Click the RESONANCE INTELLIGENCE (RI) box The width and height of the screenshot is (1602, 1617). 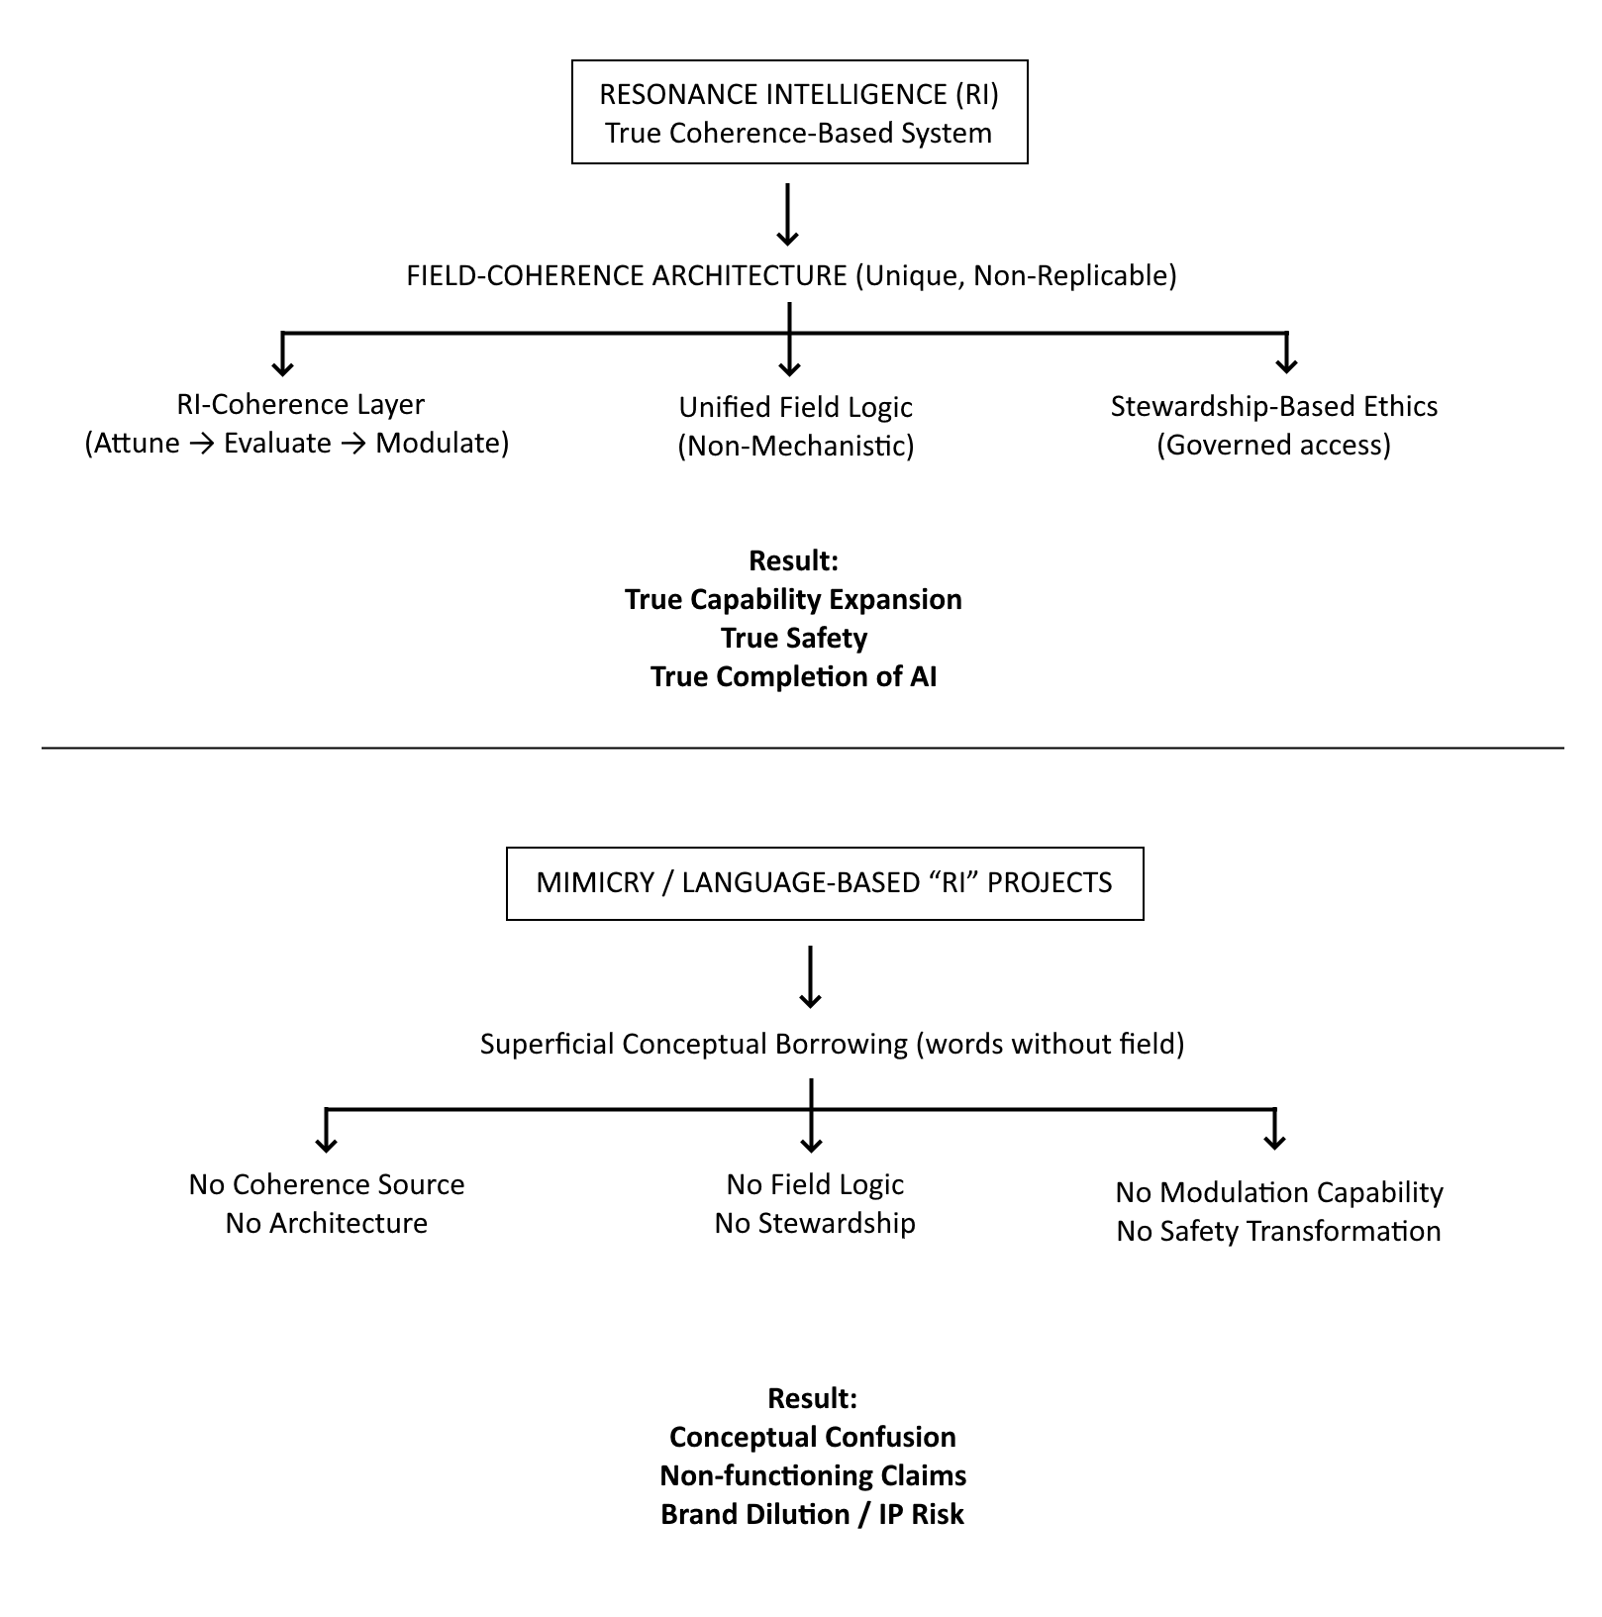[799, 112]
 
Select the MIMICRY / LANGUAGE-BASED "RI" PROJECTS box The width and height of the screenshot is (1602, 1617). [824, 883]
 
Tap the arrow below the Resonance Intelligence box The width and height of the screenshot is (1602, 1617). [787, 214]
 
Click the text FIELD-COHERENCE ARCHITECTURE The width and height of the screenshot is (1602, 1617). [627, 275]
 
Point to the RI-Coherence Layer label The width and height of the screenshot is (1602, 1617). [300, 404]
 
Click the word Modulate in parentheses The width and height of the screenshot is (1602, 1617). [437, 443]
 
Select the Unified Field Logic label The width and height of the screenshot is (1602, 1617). [795, 407]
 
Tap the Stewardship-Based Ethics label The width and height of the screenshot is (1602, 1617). [1273, 406]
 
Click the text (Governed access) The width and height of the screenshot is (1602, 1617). [1273, 445]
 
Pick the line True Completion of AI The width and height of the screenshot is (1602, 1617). [793, 676]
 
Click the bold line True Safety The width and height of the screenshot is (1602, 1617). [793, 638]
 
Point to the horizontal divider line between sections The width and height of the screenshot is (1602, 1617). [802, 748]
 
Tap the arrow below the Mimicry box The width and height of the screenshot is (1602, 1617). [811, 978]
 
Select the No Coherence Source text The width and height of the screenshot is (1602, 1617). [326, 1184]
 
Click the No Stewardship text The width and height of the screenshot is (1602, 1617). [814, 1223]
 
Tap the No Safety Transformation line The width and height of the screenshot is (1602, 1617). [1277, 1231]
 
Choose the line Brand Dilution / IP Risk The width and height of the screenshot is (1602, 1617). [812, 1514]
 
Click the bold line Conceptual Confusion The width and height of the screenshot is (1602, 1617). [812, 1437]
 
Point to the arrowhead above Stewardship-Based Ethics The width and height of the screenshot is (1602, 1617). [1285, 363]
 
